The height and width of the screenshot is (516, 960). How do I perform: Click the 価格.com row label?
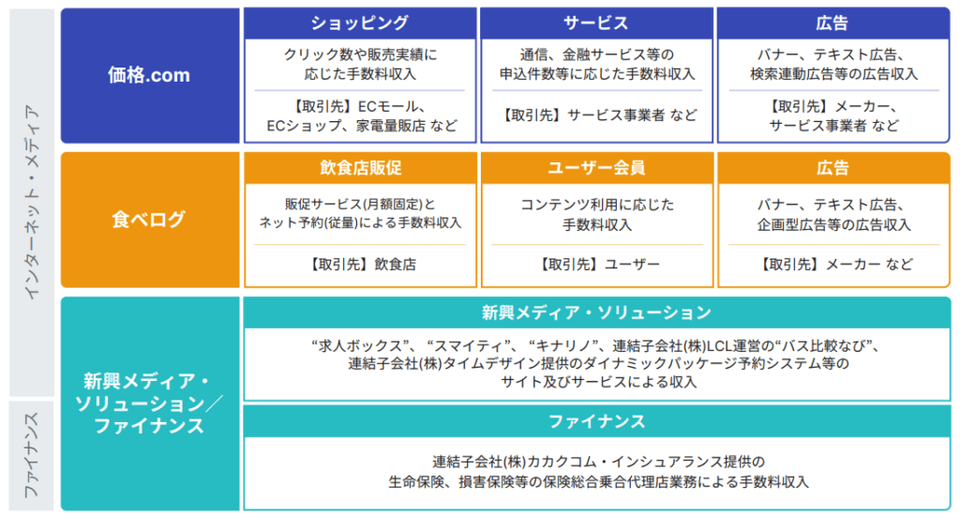tap(150, 76)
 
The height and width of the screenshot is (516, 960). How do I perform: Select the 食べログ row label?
tap(150, 220)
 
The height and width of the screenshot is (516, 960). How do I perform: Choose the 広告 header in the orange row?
tap(832, 168)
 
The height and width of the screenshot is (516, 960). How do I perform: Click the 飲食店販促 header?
tap(359, 168)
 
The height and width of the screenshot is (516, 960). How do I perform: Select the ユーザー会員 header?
tap(596, 168)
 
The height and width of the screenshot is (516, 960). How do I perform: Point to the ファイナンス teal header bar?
tap(596, 421)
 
